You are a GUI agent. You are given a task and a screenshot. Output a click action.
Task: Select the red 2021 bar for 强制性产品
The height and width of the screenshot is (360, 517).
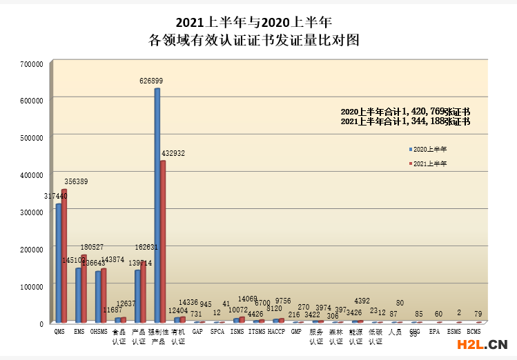163,241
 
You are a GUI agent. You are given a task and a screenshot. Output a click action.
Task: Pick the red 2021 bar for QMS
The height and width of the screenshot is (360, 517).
64,256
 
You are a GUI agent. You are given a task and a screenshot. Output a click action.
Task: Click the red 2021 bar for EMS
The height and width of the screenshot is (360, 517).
84,289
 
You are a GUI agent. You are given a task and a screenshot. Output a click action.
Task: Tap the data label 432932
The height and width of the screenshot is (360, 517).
172,152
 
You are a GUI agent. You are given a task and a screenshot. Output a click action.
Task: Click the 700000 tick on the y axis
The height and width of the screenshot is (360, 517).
32,63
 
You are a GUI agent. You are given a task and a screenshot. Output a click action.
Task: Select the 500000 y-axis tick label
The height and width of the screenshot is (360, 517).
32,137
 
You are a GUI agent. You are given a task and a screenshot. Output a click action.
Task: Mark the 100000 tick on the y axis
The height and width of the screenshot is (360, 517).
32,286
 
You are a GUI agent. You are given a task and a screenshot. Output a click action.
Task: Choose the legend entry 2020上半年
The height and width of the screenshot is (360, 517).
429,149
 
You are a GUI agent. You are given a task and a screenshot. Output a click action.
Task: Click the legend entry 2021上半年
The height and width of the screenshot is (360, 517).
429,163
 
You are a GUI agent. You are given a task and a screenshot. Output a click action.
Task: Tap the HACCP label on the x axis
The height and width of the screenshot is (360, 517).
276,332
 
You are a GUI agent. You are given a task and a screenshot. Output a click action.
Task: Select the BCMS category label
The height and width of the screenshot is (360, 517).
474,332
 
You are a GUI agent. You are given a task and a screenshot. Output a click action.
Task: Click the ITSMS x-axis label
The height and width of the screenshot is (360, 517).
256,332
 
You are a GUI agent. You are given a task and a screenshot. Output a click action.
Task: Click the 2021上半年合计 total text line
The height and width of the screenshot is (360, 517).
405,121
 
